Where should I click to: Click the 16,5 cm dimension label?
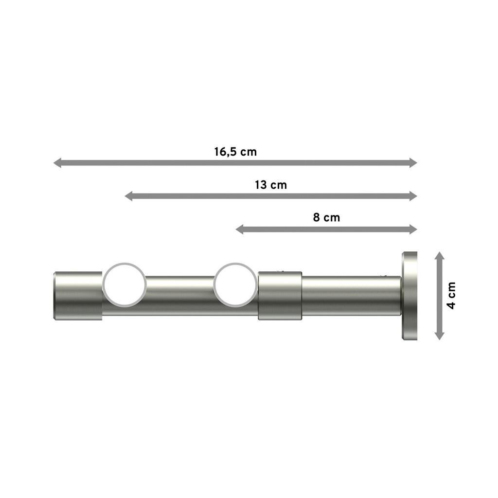click(235, 151)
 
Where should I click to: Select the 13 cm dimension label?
click(270, 185)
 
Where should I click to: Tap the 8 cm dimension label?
click(326, 217)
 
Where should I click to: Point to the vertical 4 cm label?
click(452, 295)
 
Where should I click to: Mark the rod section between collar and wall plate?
click(350, 295)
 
